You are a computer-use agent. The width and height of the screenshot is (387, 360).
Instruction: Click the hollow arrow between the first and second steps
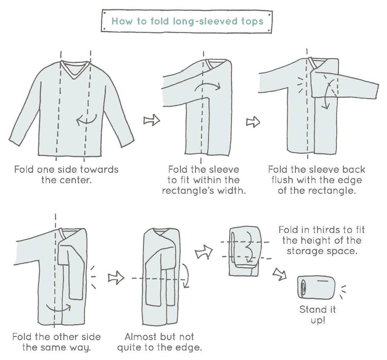152,120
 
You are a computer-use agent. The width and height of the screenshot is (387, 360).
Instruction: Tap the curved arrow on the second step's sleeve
207,86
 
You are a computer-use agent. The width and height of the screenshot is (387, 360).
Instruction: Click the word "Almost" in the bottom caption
140,337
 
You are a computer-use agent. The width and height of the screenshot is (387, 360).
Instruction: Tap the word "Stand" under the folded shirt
311,310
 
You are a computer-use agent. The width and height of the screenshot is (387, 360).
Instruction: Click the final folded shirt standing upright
316,287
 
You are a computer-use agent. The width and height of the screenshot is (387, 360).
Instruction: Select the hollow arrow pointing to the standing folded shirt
280,274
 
